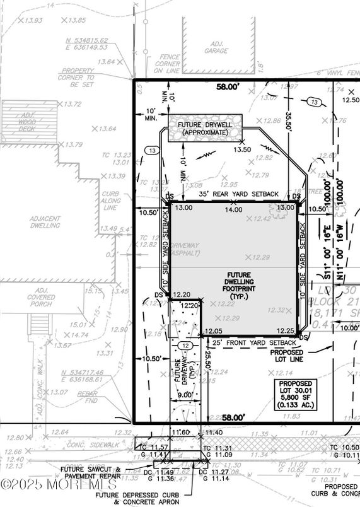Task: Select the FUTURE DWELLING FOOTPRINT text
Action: (236, 286)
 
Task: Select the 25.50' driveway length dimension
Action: (207, 366)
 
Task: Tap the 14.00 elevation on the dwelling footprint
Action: (234, 209)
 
